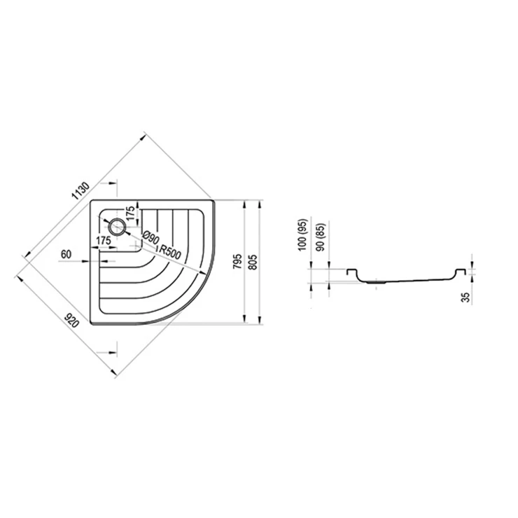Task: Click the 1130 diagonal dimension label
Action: coord(81,191)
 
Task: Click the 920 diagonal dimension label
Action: coord(71,321)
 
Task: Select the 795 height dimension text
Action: coord(238,261)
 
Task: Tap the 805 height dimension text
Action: coord(253,262)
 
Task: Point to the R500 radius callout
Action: coord(170,253)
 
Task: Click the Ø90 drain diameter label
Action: coord(151,238)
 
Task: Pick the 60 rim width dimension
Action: coord(66,254)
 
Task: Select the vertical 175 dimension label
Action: coord(131,213)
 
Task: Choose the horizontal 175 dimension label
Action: coord(104,241)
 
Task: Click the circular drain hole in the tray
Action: coord(117,227)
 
